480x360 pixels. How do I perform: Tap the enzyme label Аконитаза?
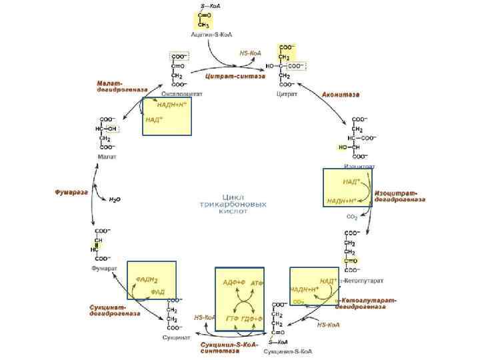(341, 95)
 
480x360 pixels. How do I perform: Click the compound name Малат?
(107, 157)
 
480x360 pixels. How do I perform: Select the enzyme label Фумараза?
(71, 192)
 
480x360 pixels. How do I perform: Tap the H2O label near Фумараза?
(115, 199)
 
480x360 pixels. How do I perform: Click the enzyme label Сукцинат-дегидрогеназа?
(114, 310)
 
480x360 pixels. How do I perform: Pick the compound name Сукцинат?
(175, 337)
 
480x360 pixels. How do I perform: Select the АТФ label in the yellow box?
(257, 284)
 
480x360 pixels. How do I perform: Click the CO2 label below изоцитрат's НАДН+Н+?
(351, 216)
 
